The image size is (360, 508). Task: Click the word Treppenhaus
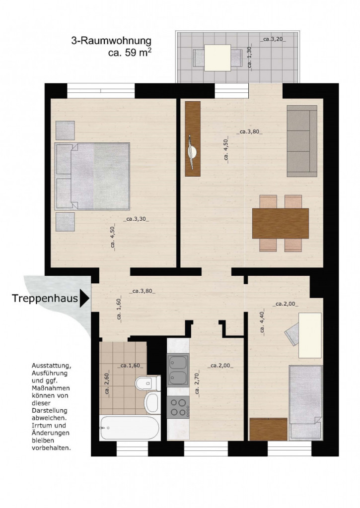45,298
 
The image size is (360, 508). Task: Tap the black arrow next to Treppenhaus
84,298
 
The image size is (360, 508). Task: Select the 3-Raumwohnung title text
111,41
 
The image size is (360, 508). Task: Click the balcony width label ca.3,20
273,39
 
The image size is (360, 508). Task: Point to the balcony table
217,58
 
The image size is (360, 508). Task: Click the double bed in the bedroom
92,176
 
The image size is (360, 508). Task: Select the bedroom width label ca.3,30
136,219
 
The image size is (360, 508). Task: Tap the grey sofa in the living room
302,141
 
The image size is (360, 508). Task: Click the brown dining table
281,224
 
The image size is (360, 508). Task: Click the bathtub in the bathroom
130,428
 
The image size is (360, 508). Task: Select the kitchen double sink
178,370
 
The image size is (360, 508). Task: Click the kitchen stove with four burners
178,406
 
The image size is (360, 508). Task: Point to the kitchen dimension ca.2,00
220,366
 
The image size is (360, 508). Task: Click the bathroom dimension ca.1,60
131,366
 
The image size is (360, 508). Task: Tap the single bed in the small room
306,403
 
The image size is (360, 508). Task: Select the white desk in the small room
310,335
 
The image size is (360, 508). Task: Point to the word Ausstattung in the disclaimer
51,366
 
